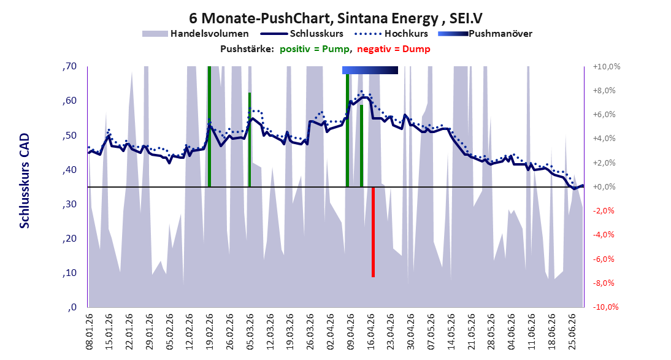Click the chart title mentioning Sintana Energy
[336, 18]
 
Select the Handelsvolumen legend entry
[195, 33]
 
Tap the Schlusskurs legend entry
[302, 33]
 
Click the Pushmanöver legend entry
[485, 33]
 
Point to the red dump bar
[373, 232]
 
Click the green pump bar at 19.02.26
[209, 127]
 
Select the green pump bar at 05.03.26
[250, 140]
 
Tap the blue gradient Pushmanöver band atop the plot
[370, 70]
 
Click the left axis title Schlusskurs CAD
[25, 181]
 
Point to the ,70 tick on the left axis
[69, 66]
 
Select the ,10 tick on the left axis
[69, 273]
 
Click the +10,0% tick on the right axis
[607, 67]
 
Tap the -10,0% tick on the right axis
[605, 307]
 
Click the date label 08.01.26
[90, 331]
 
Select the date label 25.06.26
[572, 331]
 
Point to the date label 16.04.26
[370, 331]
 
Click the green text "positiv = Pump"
[315, 49]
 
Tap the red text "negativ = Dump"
[394, 49]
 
